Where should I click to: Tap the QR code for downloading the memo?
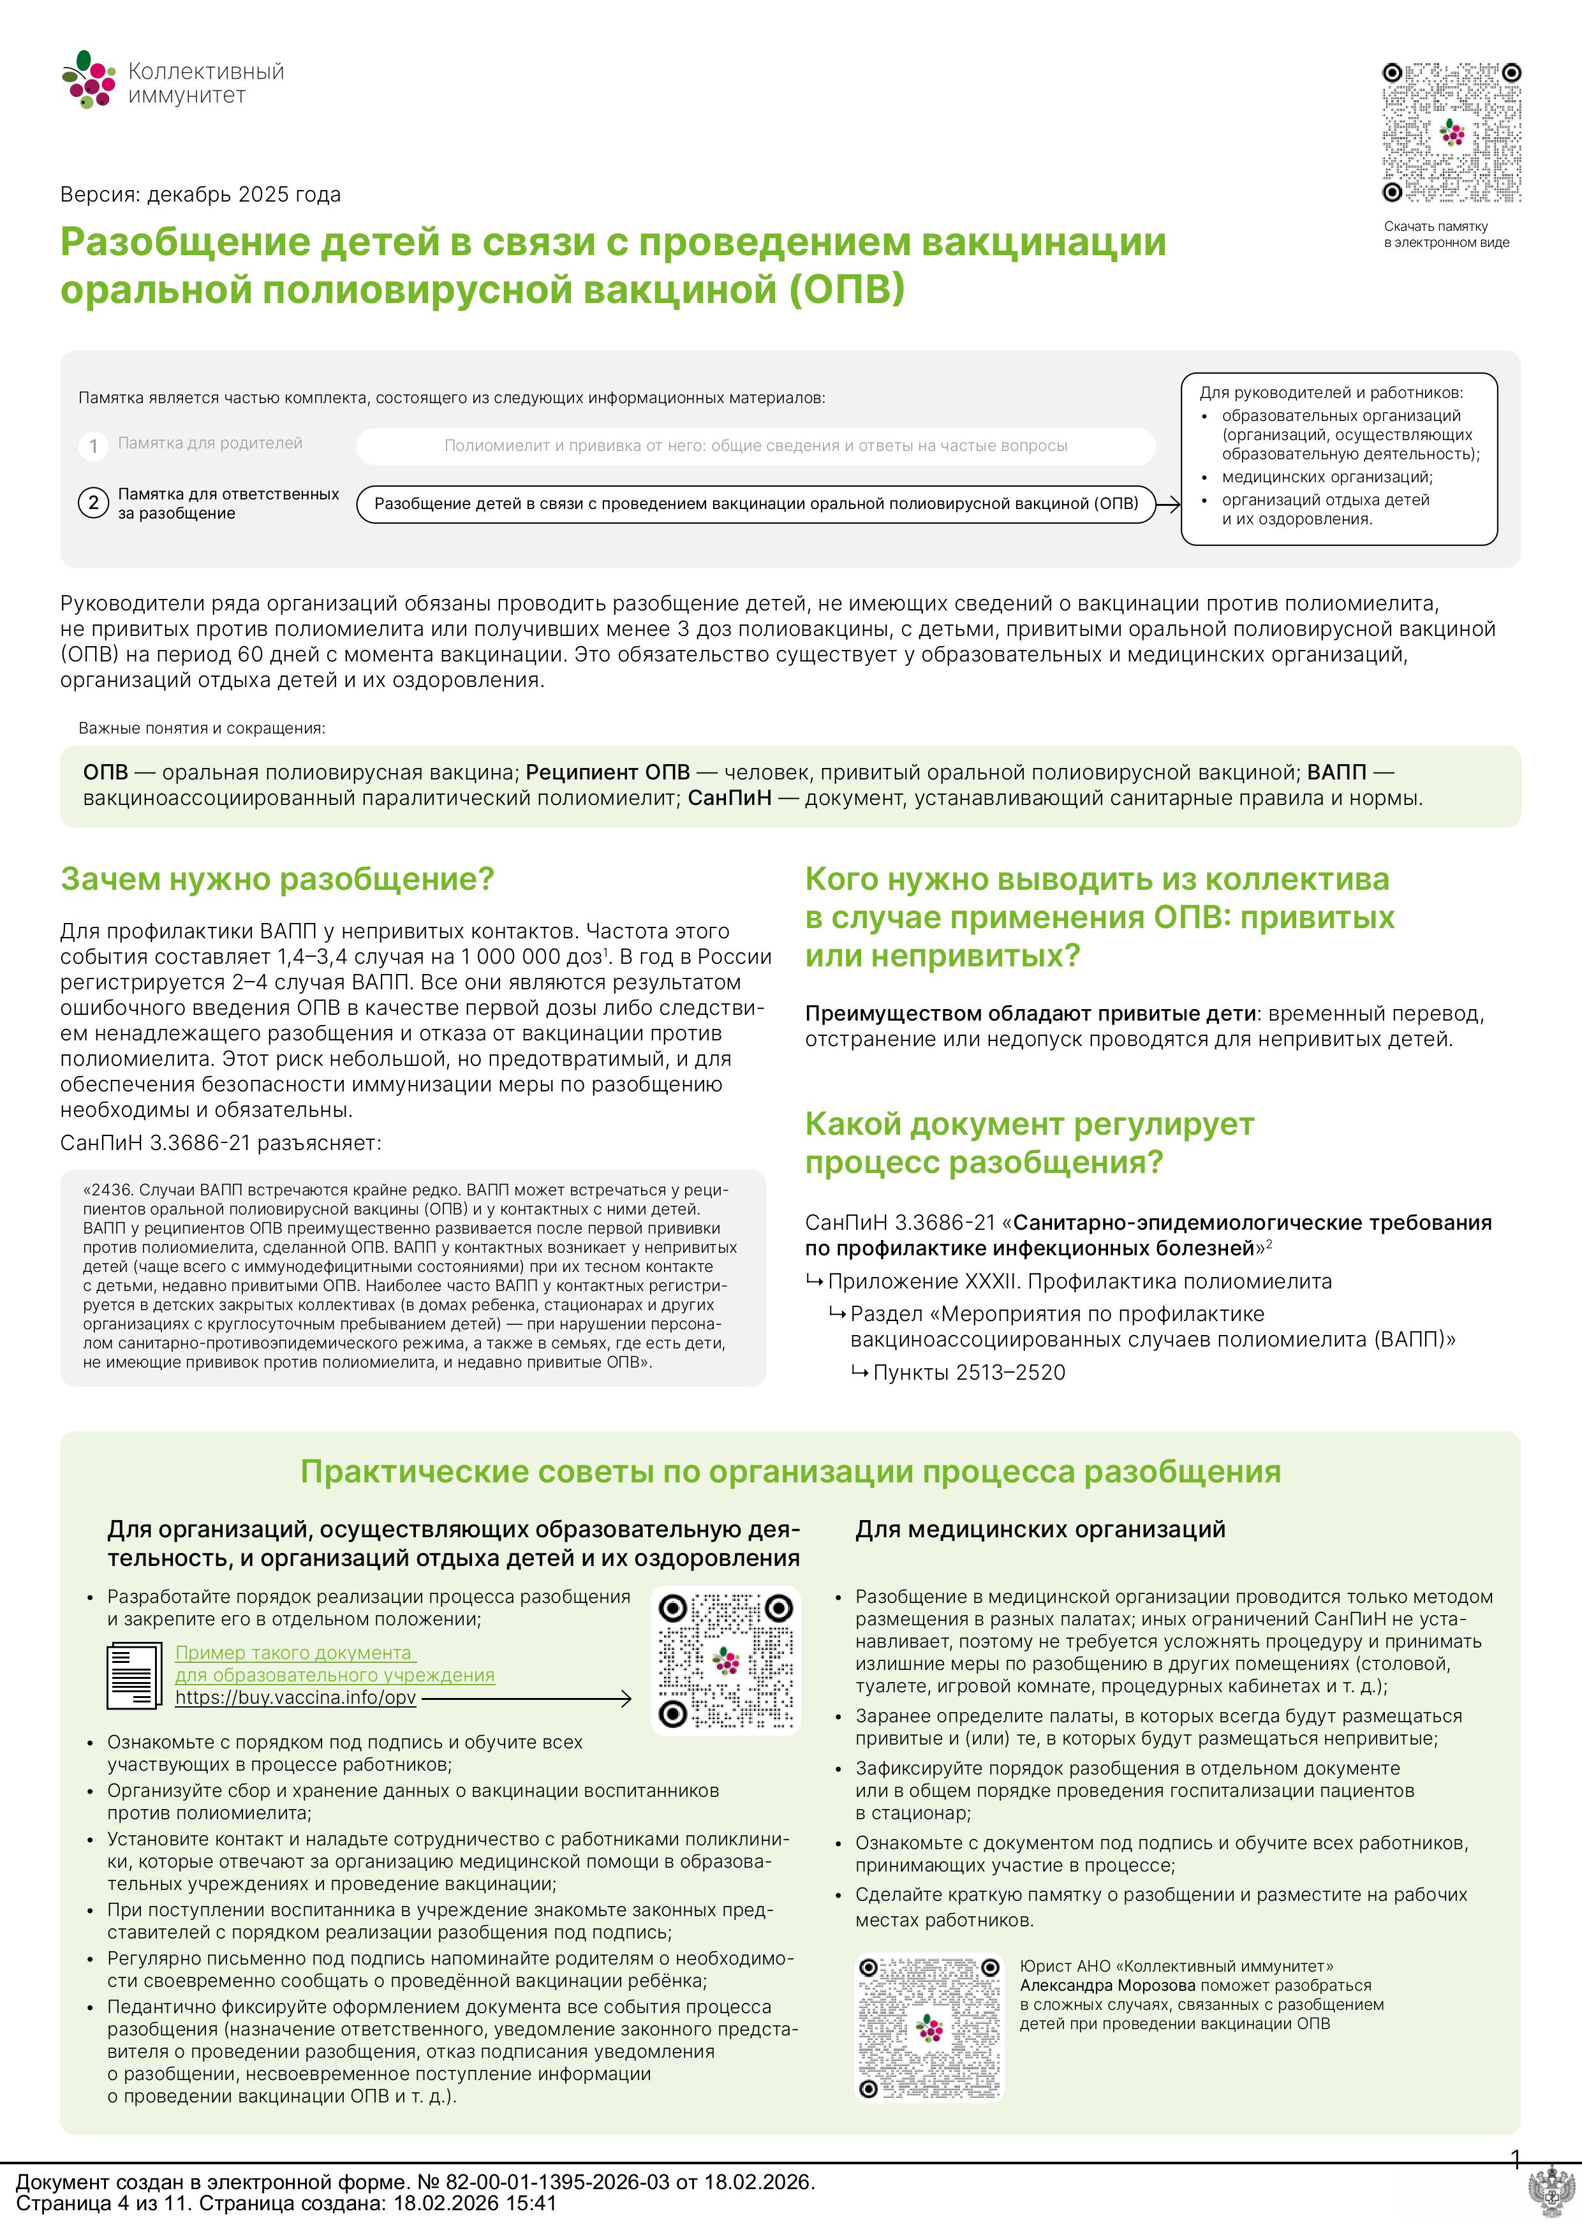[1451, 133]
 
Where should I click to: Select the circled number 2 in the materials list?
[94, 503]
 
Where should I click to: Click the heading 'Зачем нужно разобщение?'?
[277, 879]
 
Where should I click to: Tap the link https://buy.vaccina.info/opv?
[295, 1697]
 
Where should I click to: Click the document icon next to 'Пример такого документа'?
[133, 1675]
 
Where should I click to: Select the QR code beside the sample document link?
[726, 1661]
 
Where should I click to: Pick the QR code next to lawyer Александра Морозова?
[929, 2028]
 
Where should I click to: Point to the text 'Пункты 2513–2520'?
[968, 1373]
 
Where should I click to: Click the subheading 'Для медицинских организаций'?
[1039, 1530]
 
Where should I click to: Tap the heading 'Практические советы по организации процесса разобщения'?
[790, 1471]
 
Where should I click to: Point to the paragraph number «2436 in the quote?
[112, 1190]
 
